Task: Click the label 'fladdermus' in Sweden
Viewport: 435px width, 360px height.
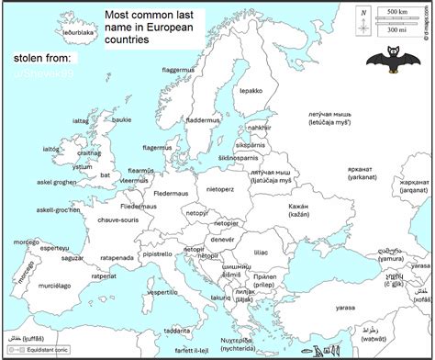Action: click(202, 119)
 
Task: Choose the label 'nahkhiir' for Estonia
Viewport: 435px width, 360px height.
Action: click(260, 128)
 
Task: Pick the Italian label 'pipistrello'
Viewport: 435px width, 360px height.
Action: click(157, 254)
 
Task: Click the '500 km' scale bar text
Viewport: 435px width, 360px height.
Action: click(398, 11)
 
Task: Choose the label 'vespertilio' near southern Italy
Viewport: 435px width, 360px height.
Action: click(162, 292)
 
